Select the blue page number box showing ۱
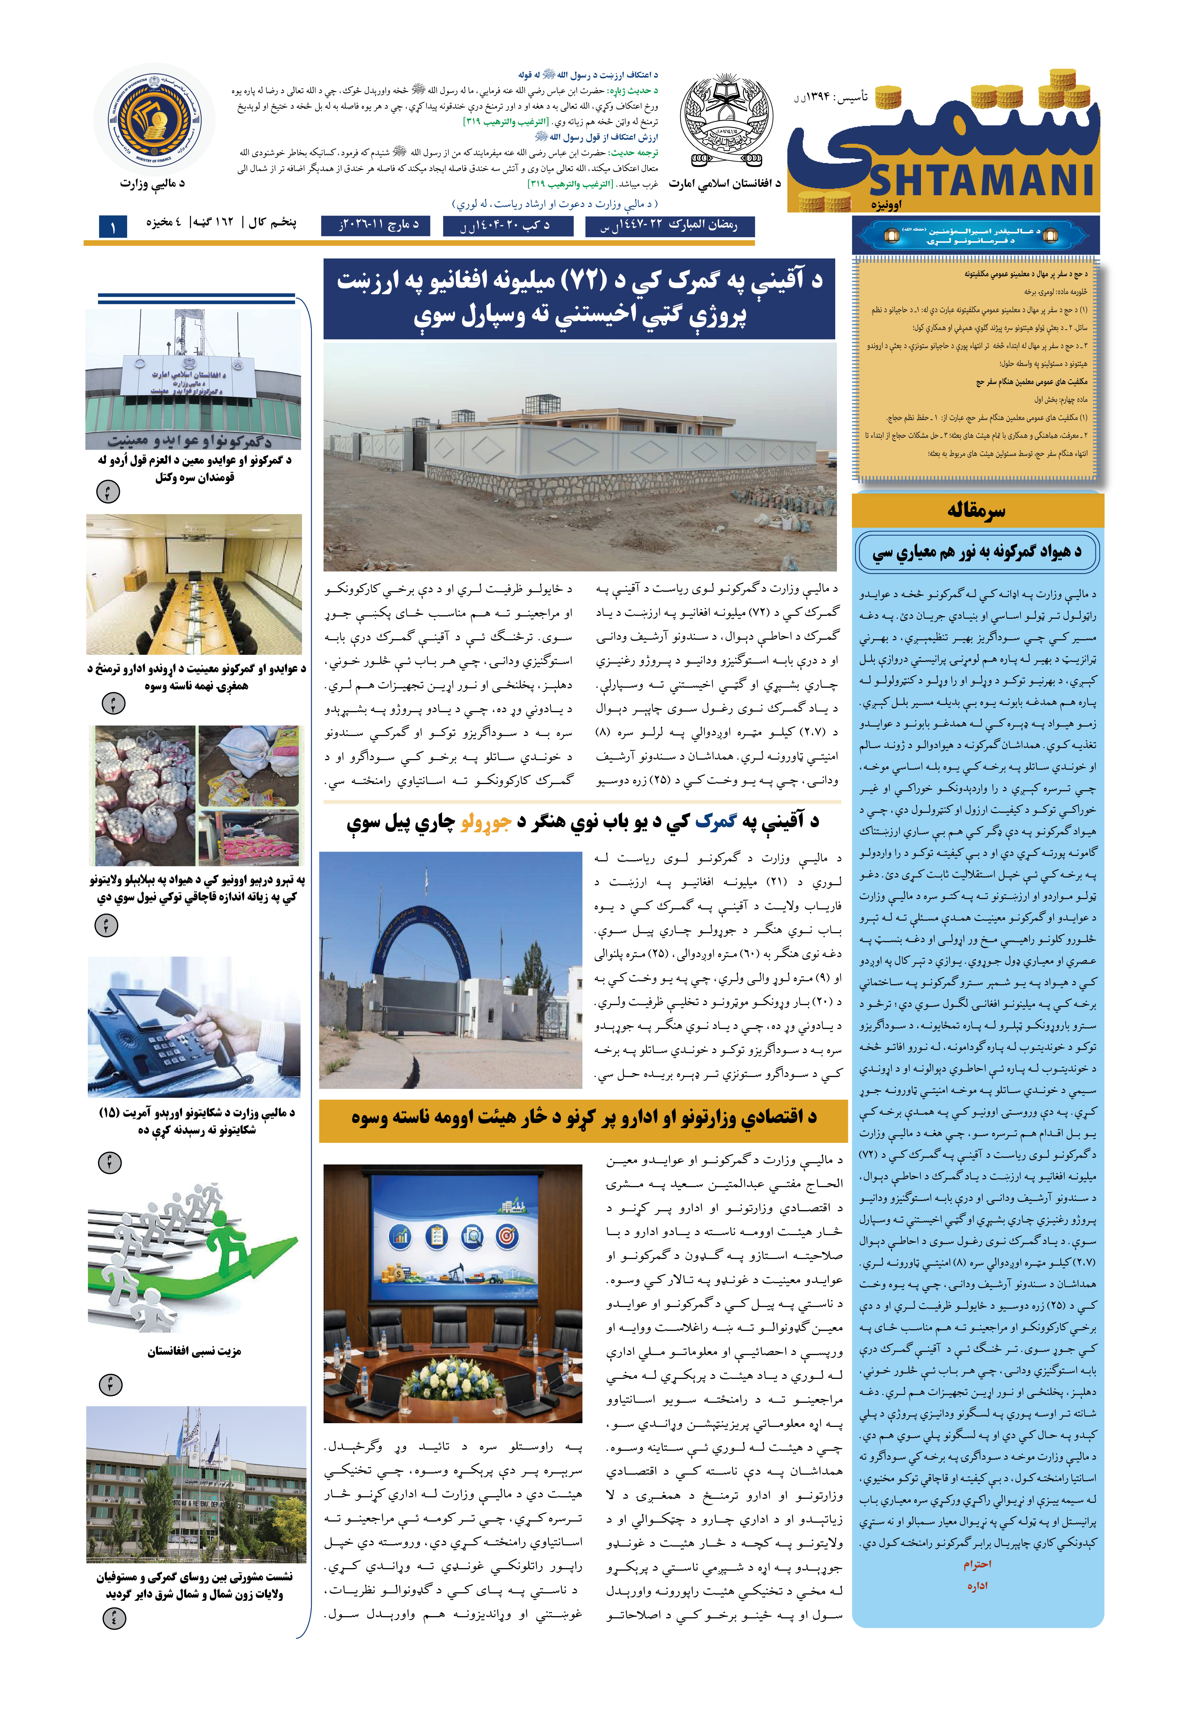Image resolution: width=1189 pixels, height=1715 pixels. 113,226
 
